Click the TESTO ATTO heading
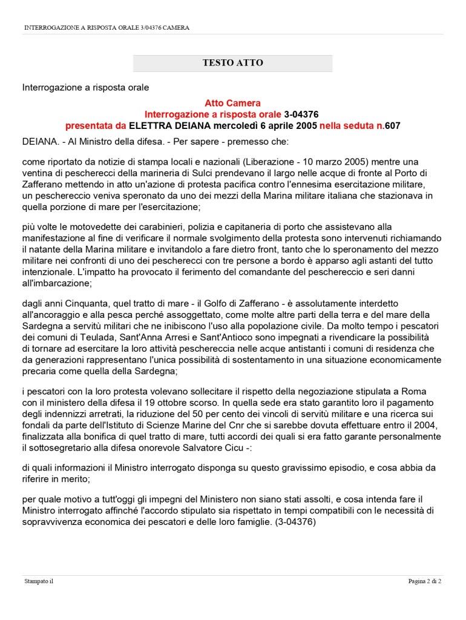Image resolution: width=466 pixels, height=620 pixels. pyautogui.click(x=232, y=63)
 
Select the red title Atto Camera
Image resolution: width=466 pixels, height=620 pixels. pyautogui.click(x=232, y=104)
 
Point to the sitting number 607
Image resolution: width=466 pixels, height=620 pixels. pyautogui.click(x=393, y=125)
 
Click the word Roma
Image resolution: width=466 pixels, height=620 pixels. pyautogui.click(x=418, y=389)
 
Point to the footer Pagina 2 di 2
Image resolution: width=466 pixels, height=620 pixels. pyautogui.click(x=424, y=582)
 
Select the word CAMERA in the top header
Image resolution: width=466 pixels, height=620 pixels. pyautogui.click(x=176, y=28)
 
